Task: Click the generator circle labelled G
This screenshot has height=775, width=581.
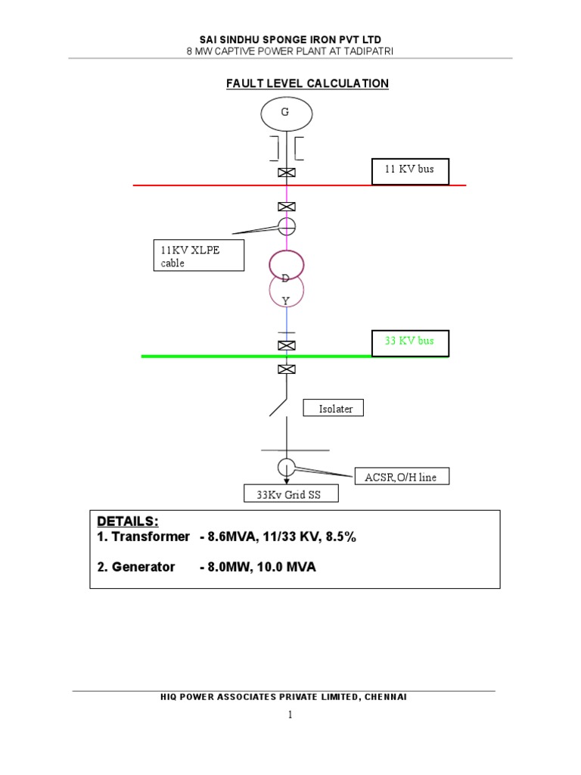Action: click(286, 114)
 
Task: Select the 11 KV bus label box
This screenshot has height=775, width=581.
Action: click(410, 170)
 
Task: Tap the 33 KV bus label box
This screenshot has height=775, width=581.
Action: click(410, 342)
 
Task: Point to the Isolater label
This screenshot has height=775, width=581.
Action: click(334, 409)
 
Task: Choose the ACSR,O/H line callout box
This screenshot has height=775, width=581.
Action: click(402, 477)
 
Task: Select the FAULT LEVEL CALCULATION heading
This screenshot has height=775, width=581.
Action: click(307, 83)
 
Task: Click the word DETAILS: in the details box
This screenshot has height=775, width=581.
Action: click(128, 521)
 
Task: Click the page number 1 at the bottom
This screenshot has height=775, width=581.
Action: click(289, 714)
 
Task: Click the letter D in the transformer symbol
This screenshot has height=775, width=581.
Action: click(286, 279)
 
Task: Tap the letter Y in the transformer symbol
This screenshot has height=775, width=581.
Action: click(286, 300)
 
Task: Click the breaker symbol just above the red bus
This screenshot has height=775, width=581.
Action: click(286, 173)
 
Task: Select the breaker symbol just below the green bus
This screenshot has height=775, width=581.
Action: click(286, 369)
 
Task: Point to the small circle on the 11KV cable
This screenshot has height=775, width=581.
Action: click(286, 225)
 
